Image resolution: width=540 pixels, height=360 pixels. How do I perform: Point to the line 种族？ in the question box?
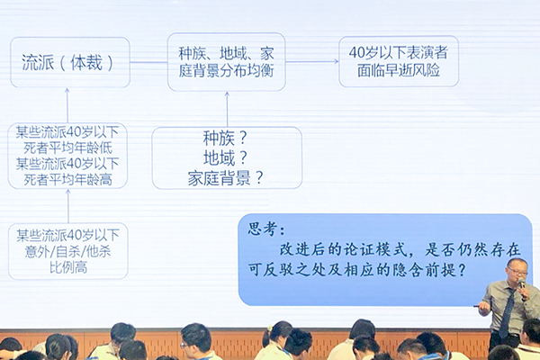[225, 138]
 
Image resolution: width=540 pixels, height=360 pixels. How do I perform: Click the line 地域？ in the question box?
[225, 157]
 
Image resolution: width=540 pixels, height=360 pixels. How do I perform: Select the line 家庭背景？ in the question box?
[225, 178]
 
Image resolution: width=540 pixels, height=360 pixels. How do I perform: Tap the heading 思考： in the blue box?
[266, 229]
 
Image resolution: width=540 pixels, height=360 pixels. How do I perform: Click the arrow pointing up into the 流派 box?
[67, 105]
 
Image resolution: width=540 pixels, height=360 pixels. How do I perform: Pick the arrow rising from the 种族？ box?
[227, 109]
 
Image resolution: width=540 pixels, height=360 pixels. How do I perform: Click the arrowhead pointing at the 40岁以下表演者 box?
[336, 62]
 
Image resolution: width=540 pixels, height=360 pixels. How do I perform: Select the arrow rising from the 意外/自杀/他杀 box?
[68, 206]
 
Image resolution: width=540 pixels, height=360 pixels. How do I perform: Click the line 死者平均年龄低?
[67, 148]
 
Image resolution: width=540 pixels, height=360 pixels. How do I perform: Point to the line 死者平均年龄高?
[67, 179]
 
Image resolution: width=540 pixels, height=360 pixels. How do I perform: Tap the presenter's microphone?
[522, 285]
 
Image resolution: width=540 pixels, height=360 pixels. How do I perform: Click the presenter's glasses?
[517, 272]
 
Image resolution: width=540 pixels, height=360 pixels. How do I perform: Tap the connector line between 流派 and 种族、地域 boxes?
[148, 62]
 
